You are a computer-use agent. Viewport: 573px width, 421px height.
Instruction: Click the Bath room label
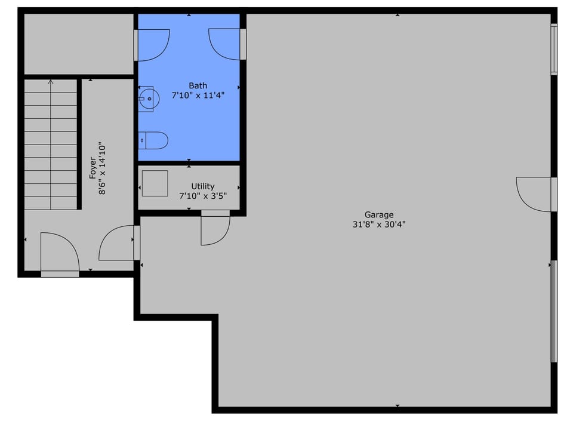(198, 85)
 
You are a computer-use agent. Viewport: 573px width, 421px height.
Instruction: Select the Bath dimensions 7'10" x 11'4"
(198, 95)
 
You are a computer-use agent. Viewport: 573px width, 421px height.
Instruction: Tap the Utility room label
(203, 186)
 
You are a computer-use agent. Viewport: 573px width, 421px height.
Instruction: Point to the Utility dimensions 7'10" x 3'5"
(203, 195)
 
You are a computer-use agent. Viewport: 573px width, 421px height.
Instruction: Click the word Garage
(379, 215)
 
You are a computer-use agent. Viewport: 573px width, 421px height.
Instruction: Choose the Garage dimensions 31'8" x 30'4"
(379, 225)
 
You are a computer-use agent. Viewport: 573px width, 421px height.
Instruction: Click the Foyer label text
(93, 168)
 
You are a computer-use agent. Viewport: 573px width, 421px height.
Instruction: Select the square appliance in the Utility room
(155, 183)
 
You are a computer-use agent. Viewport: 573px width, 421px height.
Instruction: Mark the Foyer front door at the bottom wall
(59, 253)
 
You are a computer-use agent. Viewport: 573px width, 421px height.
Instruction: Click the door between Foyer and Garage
(117, 244)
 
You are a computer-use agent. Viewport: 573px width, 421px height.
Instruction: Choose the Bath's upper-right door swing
(225, 44)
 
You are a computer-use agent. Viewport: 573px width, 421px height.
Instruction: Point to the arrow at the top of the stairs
(51, 82)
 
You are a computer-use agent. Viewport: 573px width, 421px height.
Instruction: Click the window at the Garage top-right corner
(554, 49)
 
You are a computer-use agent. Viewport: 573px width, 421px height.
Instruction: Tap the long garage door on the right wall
(554, 311)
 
